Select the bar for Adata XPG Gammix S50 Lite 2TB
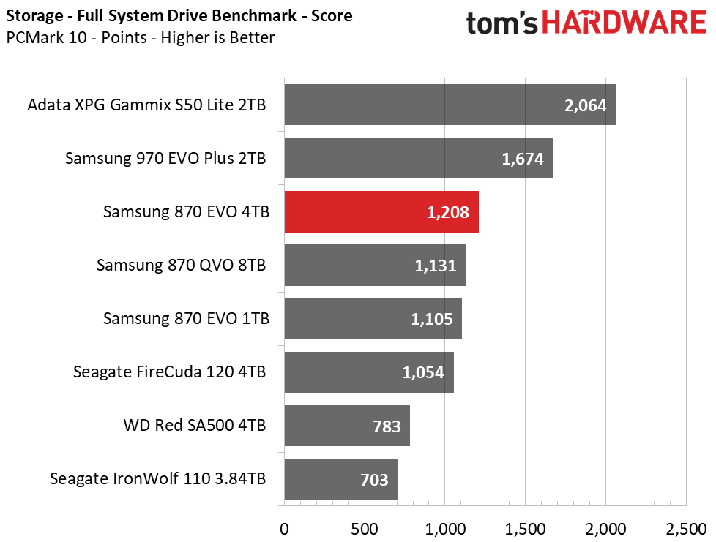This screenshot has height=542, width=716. (x=450, y=105)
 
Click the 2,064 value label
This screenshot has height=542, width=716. (x=585, y=105)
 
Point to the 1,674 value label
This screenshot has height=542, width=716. (x=523, y=159)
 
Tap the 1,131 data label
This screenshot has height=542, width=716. (x=436, y=266)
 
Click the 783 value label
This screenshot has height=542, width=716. (x=387, y=426)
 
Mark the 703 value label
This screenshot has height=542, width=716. (x=375, y=481)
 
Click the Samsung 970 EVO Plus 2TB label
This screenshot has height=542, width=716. (x=165, y=159)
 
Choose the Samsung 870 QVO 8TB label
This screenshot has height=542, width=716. (x=181, y=266)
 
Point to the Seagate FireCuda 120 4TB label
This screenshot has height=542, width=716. (x=169, y=372)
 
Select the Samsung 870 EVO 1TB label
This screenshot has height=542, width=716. (x=187, y=319)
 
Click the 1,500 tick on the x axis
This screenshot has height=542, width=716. (x=525, y=527)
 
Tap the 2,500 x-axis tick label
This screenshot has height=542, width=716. (x=686, y=527)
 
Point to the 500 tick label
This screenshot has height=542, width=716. (x=364, y=527)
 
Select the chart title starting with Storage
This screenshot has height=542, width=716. (x=179, y=15)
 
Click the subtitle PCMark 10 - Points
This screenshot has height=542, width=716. (x=141, y=38)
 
